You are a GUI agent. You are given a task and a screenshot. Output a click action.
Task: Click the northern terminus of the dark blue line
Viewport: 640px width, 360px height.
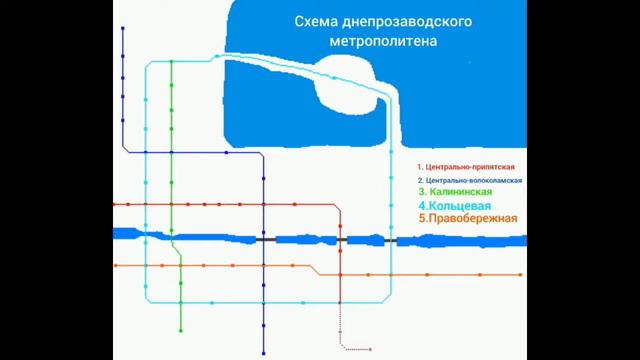click(x=122, y=29)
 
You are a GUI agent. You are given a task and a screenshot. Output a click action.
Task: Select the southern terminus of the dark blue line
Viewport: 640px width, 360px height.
click(x=264, y=352)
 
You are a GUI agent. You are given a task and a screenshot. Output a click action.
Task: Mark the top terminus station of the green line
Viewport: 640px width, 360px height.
click(x=172, y=61)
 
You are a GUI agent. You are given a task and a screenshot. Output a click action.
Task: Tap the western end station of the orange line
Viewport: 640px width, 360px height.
click(x=116, y=266)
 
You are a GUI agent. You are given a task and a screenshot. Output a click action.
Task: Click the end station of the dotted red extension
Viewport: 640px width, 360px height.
click(x=371, y=349)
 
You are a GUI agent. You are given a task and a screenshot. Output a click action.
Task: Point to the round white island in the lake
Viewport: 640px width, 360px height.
click(x=349, y=79)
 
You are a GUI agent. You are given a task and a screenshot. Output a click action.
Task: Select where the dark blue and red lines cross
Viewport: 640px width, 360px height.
click(x=264, y=205)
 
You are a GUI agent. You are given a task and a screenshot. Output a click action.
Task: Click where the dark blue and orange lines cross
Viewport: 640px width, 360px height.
click(x=264, y=267)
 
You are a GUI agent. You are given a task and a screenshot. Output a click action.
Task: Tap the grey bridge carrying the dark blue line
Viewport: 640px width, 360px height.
click(x=265, y=240)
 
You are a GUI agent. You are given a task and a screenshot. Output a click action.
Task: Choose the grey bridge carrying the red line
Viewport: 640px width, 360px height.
click(x=340, y=240)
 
